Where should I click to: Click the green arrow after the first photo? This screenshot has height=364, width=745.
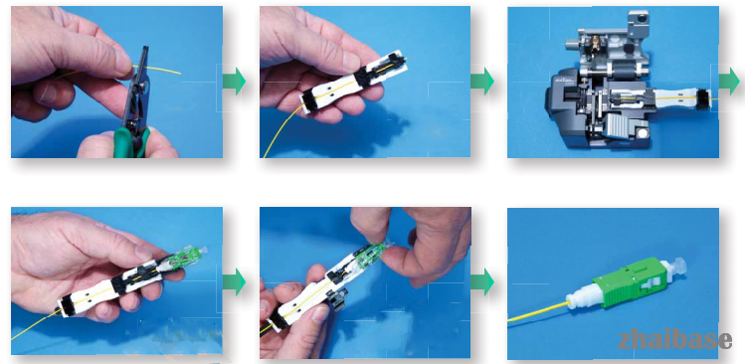(234, 81)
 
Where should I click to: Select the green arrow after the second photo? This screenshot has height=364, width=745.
(482, 81)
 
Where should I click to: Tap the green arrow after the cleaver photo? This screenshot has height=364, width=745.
(729, 81)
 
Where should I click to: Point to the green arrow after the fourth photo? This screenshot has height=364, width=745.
(234, 281)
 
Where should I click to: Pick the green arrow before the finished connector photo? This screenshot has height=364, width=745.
(482, 281)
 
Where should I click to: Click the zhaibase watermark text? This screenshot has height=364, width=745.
(675, 340)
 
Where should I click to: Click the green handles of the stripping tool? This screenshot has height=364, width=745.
(130, 141)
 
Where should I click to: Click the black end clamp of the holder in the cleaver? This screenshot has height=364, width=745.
(702, 98)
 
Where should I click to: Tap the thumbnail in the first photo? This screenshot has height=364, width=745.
(121, 62)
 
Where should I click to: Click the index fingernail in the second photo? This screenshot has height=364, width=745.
(350, 61)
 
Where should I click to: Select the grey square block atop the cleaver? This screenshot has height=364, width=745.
(638, 22)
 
